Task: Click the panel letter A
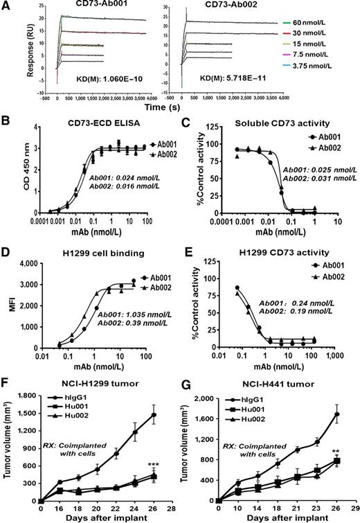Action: pos(6,6)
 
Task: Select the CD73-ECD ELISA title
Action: pos(98,127)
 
